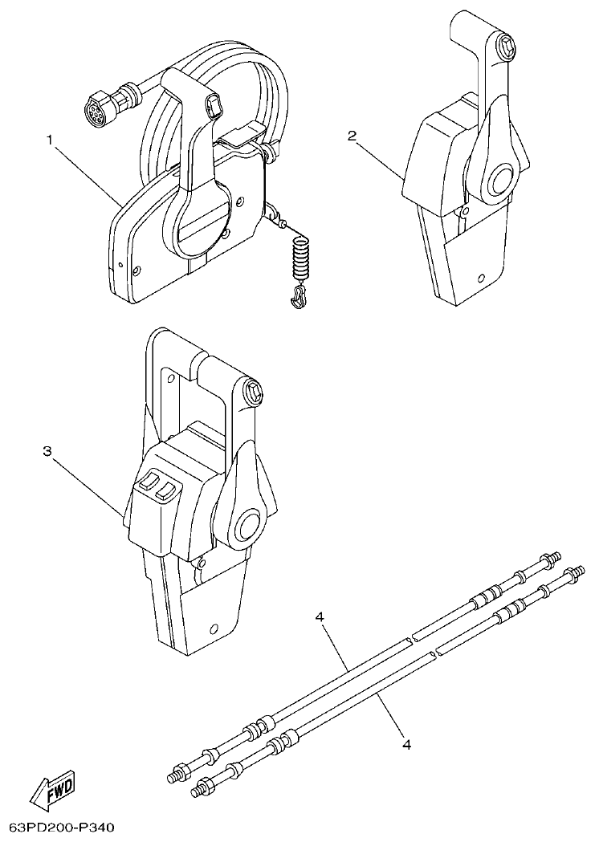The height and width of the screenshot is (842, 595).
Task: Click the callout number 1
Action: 50,140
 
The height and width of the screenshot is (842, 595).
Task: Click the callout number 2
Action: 352,136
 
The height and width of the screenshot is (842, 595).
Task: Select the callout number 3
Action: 47,452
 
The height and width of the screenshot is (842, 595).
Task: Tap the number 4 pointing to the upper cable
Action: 320,617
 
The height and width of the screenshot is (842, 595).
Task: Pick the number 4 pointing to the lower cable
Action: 406,744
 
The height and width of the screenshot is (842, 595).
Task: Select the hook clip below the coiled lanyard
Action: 298,298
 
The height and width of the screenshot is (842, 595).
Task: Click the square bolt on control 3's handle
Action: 251,392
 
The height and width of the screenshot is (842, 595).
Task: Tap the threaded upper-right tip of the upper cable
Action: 552,557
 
